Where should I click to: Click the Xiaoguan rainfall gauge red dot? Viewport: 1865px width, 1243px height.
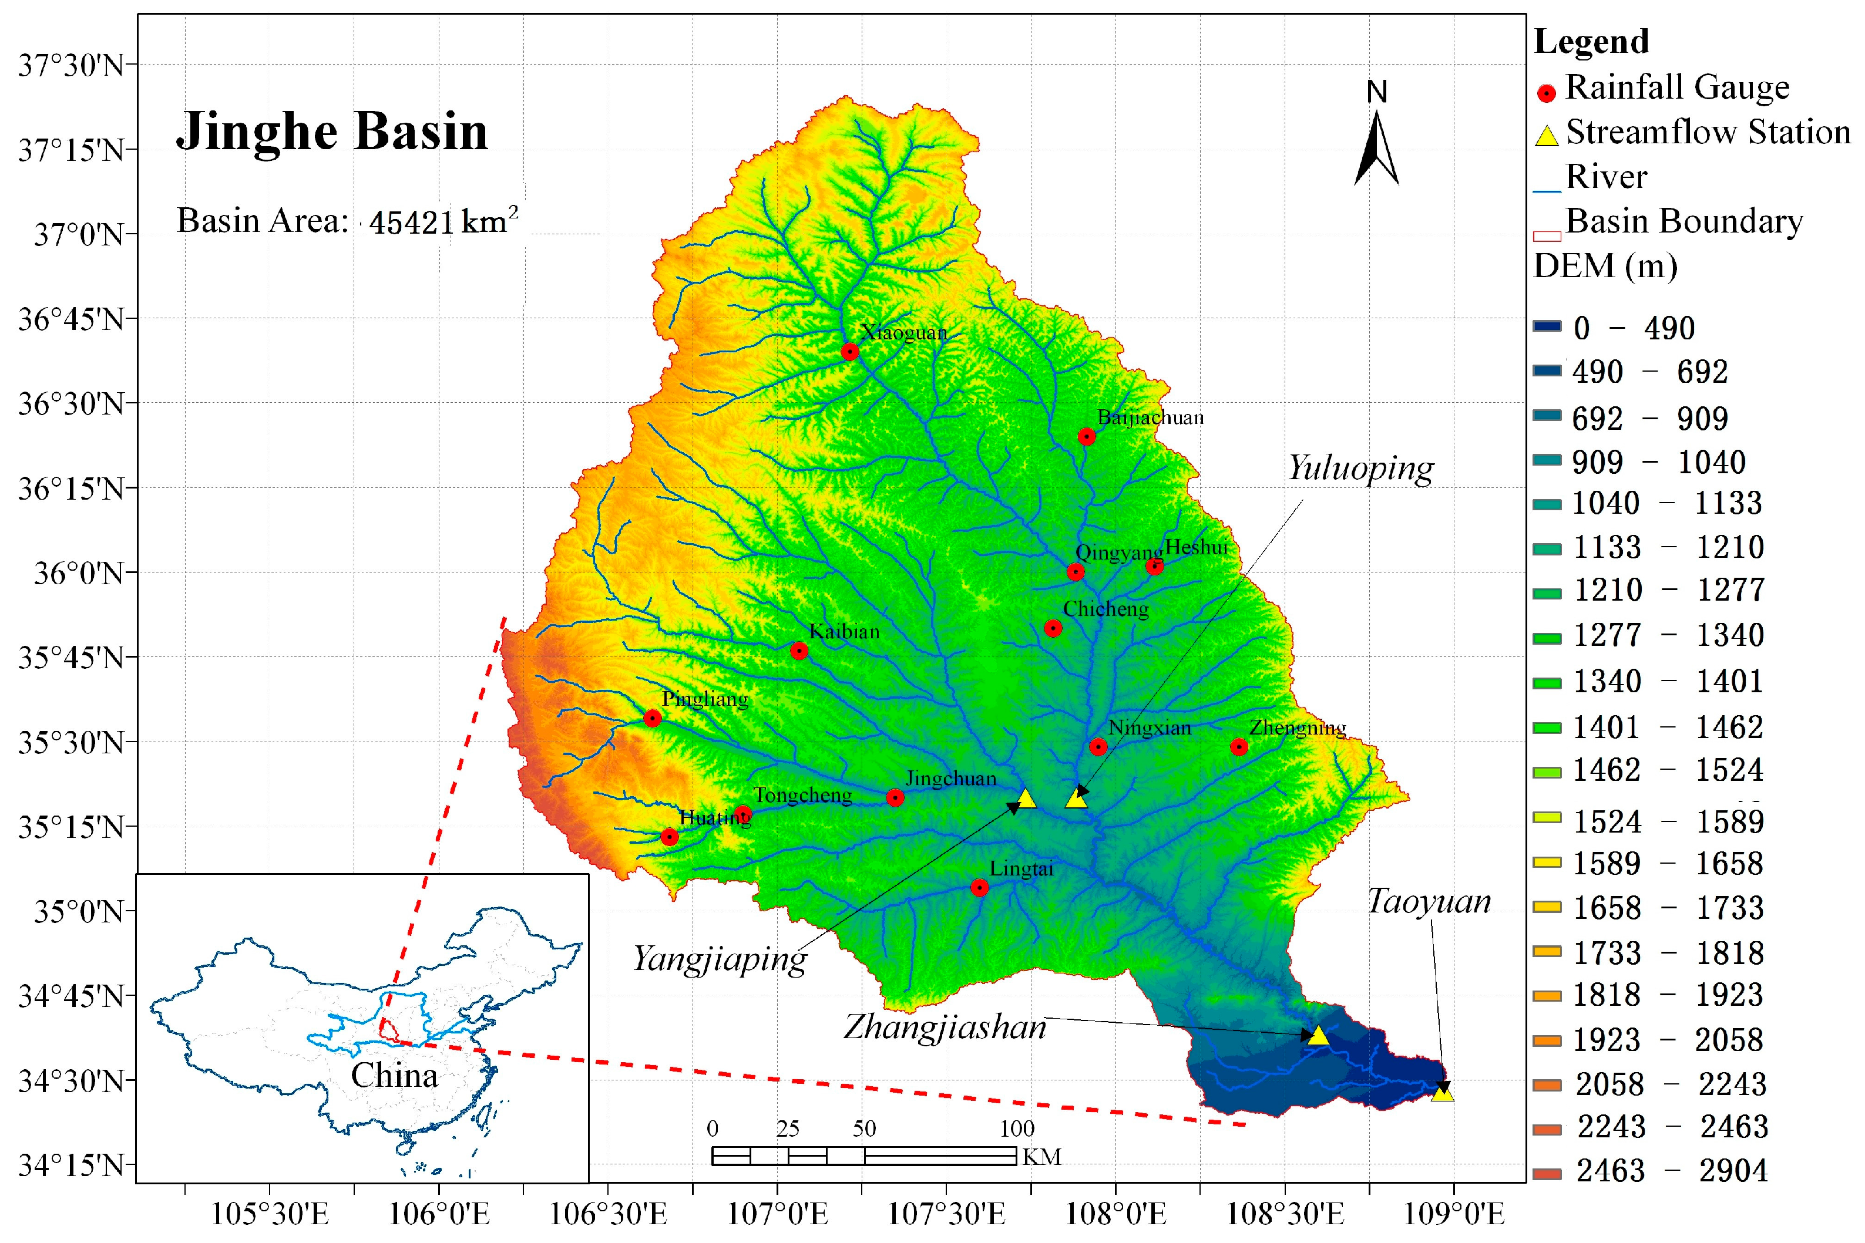click(x=850, y=351)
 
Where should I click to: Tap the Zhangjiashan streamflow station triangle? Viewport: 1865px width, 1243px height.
click(x=1318, y=1035)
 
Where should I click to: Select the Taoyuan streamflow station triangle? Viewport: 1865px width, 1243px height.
click(x=1442, y=1092)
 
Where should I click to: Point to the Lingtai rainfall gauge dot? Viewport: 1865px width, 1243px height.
click(x=979, y=888)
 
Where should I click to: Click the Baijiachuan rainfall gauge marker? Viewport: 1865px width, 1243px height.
click(x=1086, y=437)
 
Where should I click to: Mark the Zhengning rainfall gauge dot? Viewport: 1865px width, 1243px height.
click(x=1239, y=747)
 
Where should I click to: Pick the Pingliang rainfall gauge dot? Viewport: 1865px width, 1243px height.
click(x=653, y=718)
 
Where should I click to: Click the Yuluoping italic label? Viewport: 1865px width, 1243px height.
click(x=1360, y=469)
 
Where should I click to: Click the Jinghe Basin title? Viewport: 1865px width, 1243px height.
click(x=331, y=131)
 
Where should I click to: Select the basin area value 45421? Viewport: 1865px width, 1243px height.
click(x=411, y=223)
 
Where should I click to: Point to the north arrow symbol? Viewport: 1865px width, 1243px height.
click(x=1376, y=147)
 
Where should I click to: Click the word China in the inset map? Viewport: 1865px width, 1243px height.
click(x=394, y=1076)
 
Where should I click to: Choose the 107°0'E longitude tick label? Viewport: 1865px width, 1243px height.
click(x=777, y=1214)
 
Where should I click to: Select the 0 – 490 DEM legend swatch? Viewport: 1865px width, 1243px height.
click(x=1547, y=326)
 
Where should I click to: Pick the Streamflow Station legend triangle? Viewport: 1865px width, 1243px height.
click(x=1547, y=136)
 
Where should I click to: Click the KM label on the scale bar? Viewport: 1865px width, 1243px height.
click(x=1041, y=1157)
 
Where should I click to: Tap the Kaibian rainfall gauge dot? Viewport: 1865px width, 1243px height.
click(x=799, y=651)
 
